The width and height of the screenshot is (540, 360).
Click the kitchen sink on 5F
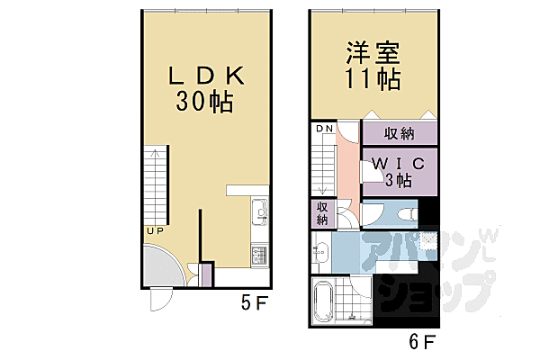click(259, 212)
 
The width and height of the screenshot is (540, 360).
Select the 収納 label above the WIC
click(400, 134)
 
